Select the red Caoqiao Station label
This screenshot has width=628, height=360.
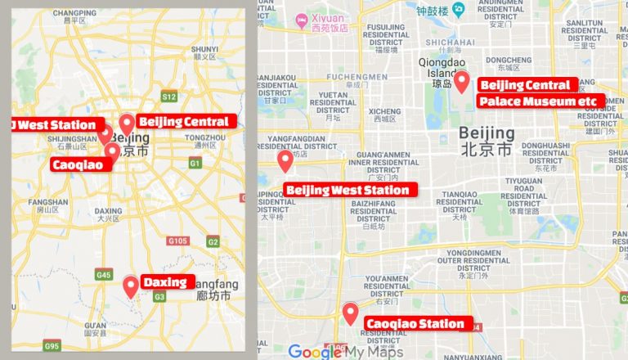[415, 324]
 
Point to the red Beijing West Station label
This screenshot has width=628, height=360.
[351, 190]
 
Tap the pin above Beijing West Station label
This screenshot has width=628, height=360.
[285, 161]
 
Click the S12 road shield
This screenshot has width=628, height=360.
[169, 97]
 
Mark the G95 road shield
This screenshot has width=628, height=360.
[52, 347]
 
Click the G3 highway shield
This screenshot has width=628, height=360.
[159, 296]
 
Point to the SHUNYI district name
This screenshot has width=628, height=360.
[204, 49]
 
